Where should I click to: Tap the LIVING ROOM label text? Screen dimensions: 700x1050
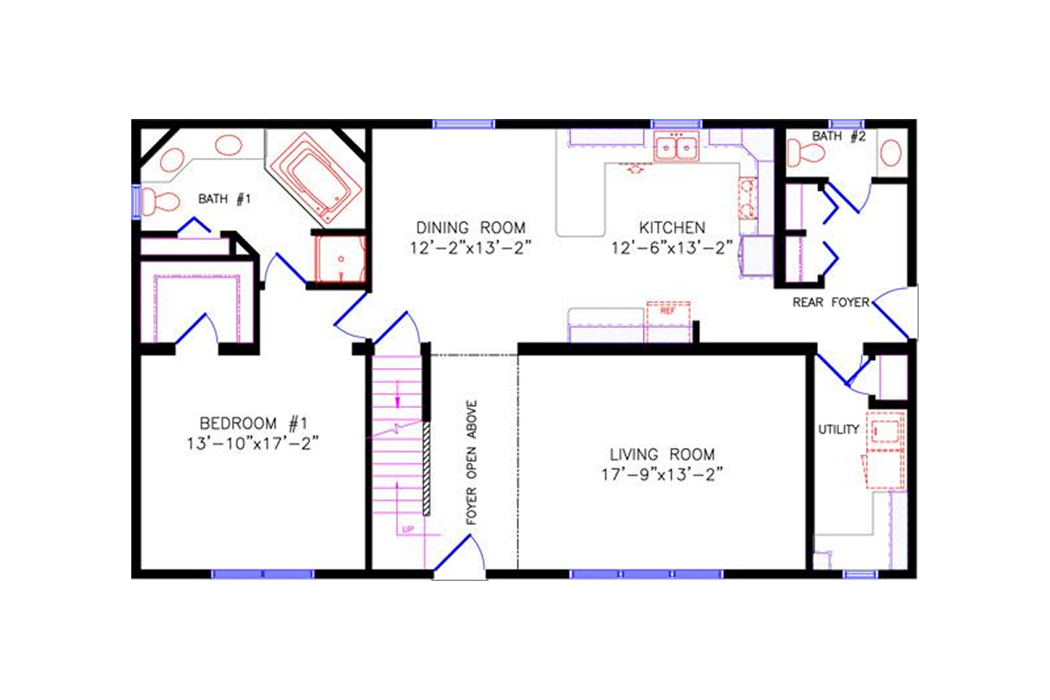[x=662, y=454]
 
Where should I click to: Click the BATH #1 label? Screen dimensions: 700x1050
[x=225, y=199]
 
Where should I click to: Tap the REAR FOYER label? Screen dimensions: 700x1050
[x=830, y=303]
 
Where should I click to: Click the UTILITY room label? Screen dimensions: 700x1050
[x=838, y=430]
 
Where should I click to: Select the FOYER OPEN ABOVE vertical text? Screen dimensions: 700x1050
[x=471, y=463]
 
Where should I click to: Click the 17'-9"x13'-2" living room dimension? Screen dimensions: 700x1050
[x=662, y=475]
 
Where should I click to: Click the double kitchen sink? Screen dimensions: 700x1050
[x=676, y=148]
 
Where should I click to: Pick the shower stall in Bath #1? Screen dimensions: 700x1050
[x=339, y=260]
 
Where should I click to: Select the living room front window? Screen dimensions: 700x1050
[x=648, y=574]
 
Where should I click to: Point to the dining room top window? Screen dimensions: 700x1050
[x=464, y=124]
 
